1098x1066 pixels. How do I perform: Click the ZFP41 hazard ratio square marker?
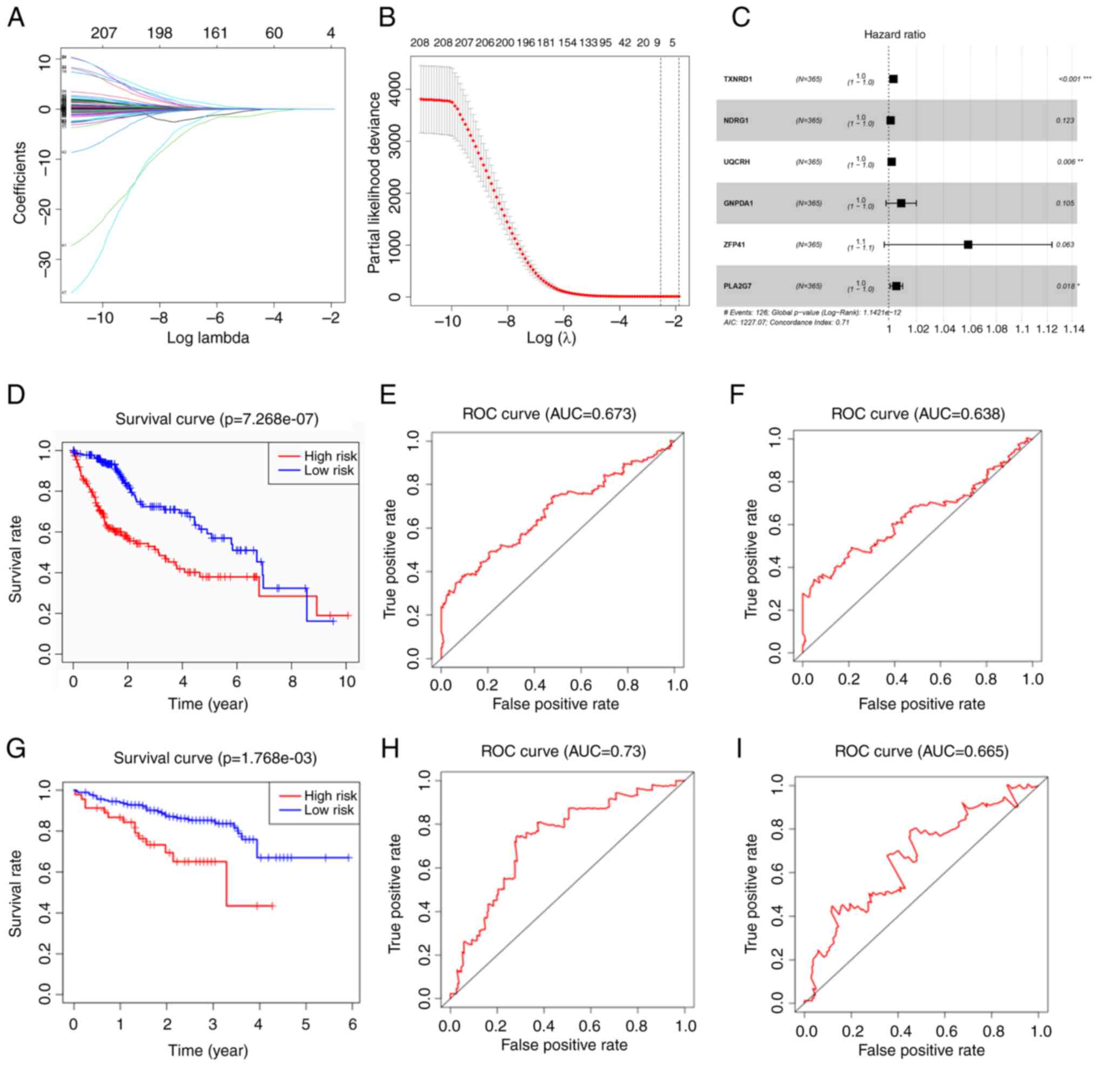(967, 244)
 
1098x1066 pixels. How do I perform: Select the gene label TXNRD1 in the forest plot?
(738, 79)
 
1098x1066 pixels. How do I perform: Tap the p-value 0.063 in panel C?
(1065, 244)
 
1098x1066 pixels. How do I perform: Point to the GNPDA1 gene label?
(738, 203)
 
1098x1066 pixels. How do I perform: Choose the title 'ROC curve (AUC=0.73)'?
(563, 751)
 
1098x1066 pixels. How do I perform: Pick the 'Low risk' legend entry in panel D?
(329, 471)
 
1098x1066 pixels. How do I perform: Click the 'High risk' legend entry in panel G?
(330, 795)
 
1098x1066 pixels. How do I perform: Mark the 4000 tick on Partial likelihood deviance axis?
(394, 90)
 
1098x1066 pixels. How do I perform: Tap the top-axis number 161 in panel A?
(215, 33)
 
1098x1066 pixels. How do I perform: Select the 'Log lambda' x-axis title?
(208, 338)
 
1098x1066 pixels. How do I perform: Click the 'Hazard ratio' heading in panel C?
(895, 35)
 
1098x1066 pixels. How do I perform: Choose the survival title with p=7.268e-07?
(217, 419)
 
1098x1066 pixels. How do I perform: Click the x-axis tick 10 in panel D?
(347, 681)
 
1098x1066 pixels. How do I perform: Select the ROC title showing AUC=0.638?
(918, 414)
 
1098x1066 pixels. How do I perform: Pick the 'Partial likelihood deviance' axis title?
(374, 183)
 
